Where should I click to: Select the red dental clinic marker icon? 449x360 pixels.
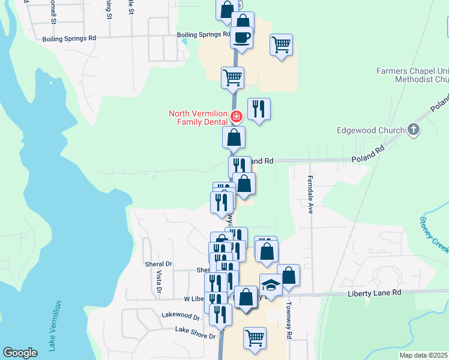(237, 116)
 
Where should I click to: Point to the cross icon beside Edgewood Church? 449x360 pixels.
(413, 129)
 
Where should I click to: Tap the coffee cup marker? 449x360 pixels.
(242, 38)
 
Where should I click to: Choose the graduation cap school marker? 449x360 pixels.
(271, 284)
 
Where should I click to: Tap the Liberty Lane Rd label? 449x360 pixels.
(373, 293)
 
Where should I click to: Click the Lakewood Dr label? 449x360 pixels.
(180, 315)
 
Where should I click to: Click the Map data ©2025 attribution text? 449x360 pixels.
(423, 355)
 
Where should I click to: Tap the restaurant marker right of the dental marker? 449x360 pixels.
(259, 109)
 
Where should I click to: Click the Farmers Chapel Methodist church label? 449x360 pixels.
(412, 75)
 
